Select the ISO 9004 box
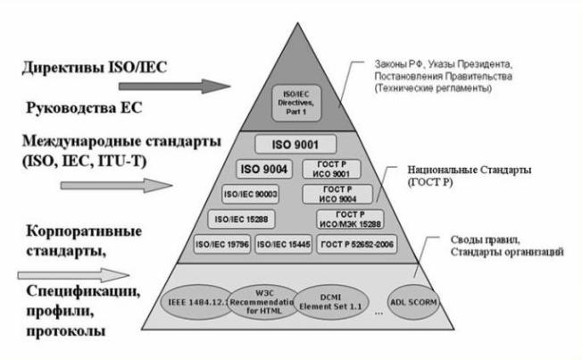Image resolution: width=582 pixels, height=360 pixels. [x=264, y=170]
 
